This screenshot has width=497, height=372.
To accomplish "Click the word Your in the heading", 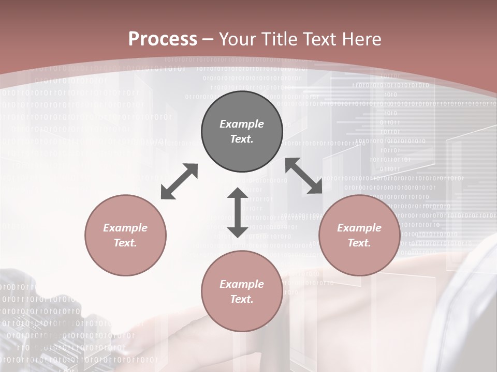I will (237, 39).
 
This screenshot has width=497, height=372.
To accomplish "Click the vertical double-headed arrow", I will (238, 212).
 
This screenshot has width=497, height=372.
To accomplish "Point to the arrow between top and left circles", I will (179, 181).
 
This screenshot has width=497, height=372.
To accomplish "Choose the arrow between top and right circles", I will (304, 176).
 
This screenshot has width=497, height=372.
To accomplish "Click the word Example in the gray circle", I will (242, 124).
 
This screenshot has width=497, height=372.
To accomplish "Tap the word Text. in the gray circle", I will (242, 139).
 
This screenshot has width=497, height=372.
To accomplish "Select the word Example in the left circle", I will (125, 228).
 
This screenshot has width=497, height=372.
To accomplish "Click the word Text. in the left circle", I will (125, 243).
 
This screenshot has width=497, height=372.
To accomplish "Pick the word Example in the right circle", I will (359, 228).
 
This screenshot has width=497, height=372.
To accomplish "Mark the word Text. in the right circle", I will (359, 243).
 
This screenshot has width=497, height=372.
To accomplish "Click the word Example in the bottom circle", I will (242, 284).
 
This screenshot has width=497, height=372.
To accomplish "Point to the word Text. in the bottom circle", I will (242, 299).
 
